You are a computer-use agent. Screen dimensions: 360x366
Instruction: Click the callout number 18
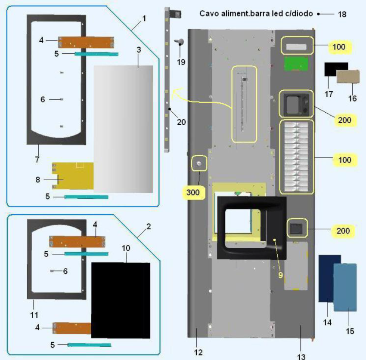pyautogui.click(x=342, y=14)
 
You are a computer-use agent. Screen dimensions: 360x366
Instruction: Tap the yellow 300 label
pyautogui.click(x=193, y=193)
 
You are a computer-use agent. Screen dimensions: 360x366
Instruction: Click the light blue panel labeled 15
pyautogui.click(x=345, y=287)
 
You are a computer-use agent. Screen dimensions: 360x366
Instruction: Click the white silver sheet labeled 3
pyautogui.click(x=124, y=129)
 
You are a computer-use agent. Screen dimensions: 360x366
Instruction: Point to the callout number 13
pyautogui.click(x=301, y=356)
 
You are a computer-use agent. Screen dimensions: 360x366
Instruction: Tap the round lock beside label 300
pyautogui.click(x=199, y=163)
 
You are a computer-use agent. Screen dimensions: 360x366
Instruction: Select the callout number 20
pyautogui.click(x=181, y=122)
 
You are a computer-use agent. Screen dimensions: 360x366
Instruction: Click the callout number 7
pyautogui.click(x=37, y=160)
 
